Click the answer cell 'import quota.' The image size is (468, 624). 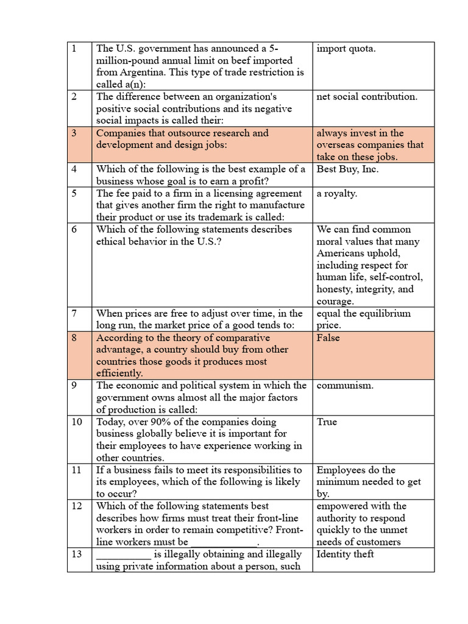[346, 49]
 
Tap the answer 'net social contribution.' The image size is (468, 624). [367, 97]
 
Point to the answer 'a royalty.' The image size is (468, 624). [337, 193]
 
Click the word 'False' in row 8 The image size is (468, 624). [328, 338]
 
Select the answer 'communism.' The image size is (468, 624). [346, 386]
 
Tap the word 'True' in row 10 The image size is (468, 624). [327, 422]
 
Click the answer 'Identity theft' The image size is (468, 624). [346, 554]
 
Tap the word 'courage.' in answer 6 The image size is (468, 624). [335, 302]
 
